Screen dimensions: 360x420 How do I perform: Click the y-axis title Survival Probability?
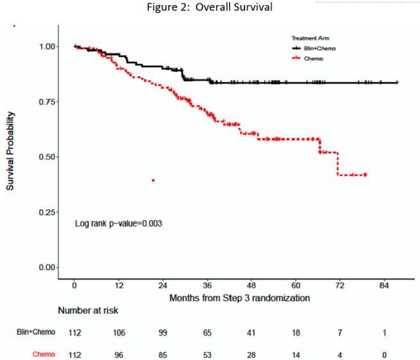[x=11, y=152]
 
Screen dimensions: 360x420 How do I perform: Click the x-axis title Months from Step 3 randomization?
[x=240, y=298]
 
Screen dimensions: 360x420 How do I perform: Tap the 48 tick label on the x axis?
[x=251, y=285]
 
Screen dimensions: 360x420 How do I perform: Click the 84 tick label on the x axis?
[x=384, y=285]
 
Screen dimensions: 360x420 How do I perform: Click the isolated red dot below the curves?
[x=153, y=180]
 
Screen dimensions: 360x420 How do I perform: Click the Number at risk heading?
[x=88, y=311]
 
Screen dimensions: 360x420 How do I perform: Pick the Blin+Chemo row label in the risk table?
[x=36, y=332]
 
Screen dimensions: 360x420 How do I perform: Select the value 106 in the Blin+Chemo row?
[x=119, y=332]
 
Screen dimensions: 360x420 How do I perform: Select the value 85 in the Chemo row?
[x=163, y=354]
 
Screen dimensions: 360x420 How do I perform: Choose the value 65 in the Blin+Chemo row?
[x=207, y=332]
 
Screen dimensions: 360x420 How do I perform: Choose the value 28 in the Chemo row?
[x=251, y=354]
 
